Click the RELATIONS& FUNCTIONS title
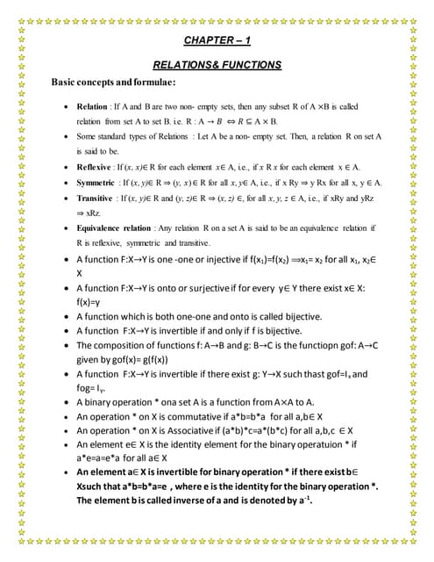[217, 64]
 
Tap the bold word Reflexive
[96, 167]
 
